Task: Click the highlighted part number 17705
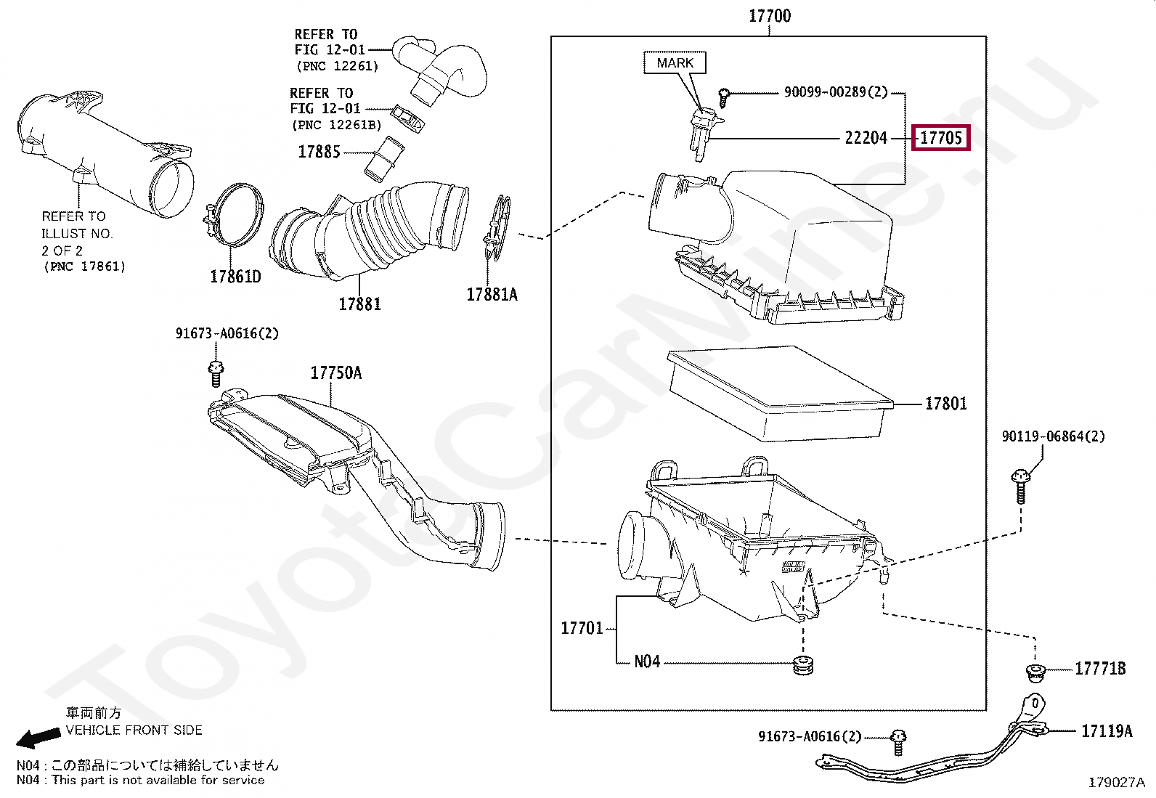tap(940, 137)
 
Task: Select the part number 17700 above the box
tap(770, 16)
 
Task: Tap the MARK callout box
tap(675, 63)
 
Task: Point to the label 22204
tap(866, 138)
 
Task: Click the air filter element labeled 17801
tap(777, 392)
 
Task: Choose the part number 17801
tap(945, 404)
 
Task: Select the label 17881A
tap(492, 295)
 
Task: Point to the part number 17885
tap(319, 152)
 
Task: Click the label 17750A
tap(335, 373)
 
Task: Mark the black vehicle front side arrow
tap(38, 738)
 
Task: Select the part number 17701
tap(582, 628)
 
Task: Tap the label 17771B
tap(1100, 669)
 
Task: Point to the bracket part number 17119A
tap(1106, 731)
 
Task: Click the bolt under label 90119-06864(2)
tap(1019, 485)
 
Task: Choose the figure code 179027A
tap(1116, 782)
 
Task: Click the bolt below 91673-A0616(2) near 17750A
tap(216, 372)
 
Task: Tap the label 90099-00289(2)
tap(835, 92)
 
